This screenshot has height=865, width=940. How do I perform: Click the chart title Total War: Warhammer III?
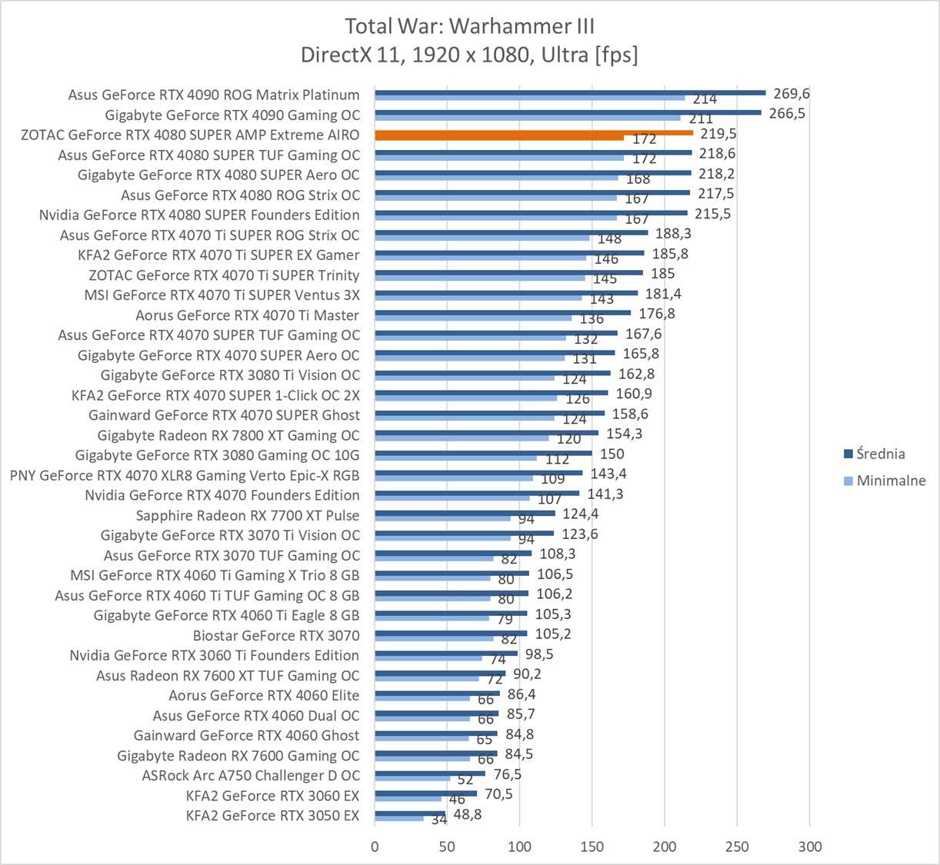469,26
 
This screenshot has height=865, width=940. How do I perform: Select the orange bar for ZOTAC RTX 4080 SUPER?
534,132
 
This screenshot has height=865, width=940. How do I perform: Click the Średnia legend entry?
880,454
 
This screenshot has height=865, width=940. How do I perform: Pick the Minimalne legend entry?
891,481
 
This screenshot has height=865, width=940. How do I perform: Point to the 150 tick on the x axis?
592,847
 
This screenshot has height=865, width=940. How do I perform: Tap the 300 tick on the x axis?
809,847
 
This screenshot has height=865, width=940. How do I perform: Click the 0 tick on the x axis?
375,847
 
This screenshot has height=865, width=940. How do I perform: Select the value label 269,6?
792,94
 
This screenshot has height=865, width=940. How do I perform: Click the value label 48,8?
468,814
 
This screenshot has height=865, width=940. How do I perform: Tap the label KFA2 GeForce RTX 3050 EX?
272,816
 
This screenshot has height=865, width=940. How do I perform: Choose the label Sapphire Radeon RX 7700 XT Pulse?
248,515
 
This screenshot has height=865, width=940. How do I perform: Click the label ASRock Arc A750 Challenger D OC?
251,776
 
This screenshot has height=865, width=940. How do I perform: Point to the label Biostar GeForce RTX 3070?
276,635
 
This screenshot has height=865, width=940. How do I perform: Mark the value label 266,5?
787,114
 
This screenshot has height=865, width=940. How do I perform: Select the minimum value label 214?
705,99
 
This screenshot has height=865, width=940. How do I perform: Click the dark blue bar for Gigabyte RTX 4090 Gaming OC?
568,112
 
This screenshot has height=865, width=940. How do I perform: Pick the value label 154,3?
624,434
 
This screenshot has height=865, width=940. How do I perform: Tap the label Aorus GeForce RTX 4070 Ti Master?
247,315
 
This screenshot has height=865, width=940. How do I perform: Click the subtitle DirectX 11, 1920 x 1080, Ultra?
469,55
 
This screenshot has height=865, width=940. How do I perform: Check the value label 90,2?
527,674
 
